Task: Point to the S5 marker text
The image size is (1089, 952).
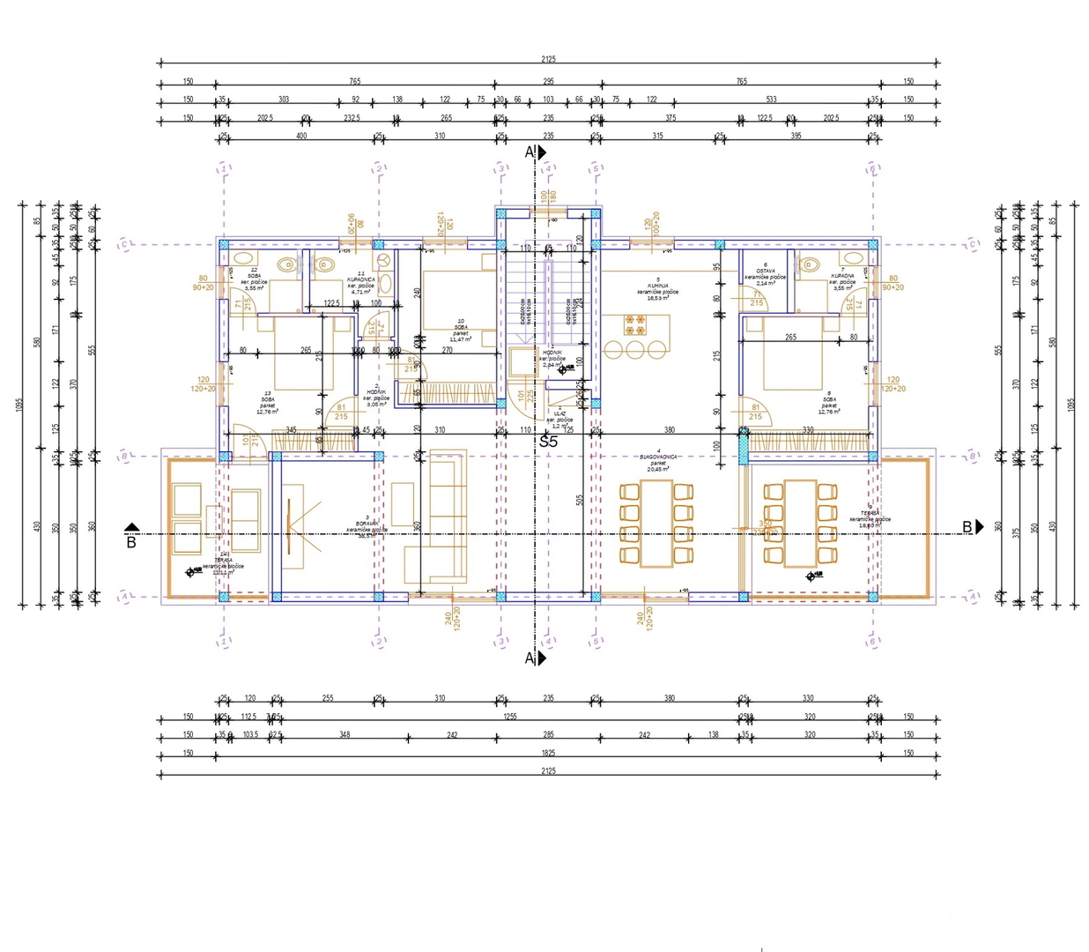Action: pos(548,442)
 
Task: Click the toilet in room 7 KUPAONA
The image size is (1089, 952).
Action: pos(808,264)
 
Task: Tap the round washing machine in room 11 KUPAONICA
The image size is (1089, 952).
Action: pos(384,261)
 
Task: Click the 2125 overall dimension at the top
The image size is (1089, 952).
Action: pos(548,59)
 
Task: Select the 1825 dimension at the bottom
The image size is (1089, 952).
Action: pos(548,753)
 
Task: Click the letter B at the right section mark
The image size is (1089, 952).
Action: pos(967,527)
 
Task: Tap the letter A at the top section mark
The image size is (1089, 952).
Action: pos(530,152)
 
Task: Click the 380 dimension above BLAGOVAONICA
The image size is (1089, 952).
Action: pos(670,430)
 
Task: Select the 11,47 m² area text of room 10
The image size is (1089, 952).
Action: pos(459,339)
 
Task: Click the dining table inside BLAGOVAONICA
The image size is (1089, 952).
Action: pos(654,524)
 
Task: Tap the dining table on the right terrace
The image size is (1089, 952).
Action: pos(800,524)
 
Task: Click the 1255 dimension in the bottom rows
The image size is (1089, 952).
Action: pos(510,717)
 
